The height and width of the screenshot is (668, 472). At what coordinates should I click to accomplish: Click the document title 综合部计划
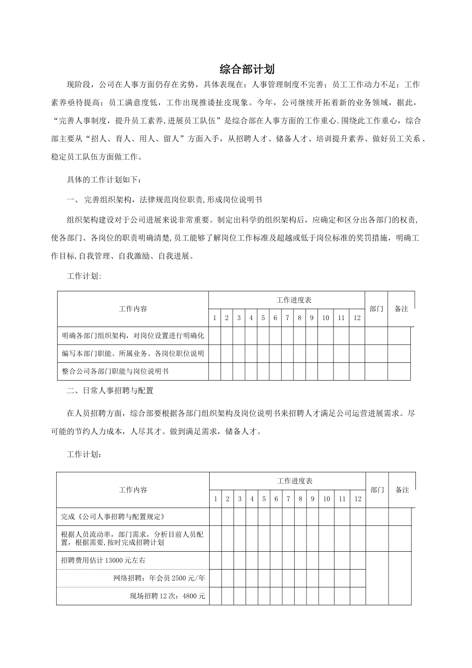247,69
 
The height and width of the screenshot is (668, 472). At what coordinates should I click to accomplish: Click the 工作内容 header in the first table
133,309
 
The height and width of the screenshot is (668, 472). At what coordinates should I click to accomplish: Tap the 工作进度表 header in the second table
295,481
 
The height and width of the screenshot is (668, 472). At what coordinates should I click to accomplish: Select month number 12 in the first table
357,318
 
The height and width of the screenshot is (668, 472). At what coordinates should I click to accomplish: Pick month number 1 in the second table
216,499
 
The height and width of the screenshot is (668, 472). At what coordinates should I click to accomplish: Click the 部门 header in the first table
376,309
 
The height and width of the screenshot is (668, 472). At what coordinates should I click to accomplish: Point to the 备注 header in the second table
402,490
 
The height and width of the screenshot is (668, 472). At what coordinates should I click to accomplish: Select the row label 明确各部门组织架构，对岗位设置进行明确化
133,335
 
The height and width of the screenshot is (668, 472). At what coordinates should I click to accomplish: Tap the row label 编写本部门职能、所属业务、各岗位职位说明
133,353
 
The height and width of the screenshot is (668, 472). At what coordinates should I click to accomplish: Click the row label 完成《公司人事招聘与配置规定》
112,516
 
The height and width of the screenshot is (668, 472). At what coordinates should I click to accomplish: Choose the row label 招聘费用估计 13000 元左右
103,560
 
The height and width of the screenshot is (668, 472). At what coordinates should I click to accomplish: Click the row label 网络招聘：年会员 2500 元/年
159,578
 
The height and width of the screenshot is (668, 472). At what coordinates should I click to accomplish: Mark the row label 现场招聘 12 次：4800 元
167,596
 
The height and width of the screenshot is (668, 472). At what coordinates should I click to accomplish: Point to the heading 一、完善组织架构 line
164,200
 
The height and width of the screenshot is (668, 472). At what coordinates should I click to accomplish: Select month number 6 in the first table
275,318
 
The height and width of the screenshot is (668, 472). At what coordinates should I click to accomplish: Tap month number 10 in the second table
326,499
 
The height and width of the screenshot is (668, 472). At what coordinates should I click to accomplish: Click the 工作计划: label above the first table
84,276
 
